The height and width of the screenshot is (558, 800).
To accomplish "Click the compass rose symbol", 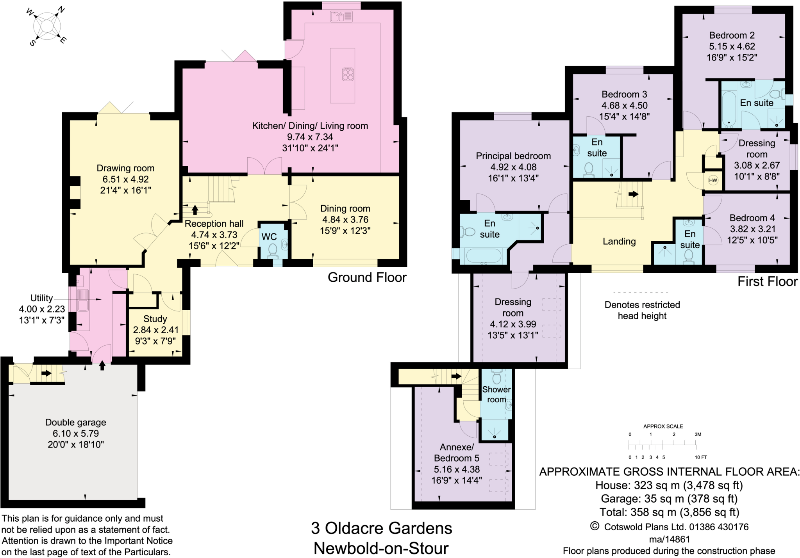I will pos(47,26).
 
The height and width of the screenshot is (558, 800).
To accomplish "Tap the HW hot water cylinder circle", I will pos(713,180).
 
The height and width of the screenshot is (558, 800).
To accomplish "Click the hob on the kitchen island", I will pos(348,74).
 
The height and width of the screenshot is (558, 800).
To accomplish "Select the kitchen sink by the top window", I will pos(341,16).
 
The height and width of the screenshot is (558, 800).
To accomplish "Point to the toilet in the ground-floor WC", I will pos(273,250).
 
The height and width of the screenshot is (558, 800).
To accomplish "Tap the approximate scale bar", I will pos(662,444).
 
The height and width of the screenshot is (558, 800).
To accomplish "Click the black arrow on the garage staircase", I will pos(46,373).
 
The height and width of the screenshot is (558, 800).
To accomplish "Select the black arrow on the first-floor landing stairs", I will pos(633,194).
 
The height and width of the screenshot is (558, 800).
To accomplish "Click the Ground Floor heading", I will pos(367,277).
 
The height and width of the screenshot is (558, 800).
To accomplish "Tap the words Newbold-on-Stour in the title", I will pos(381,548).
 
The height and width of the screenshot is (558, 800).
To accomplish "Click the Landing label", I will pos(619,242).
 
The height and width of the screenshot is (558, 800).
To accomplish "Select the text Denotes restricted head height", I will pos(642,310).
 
